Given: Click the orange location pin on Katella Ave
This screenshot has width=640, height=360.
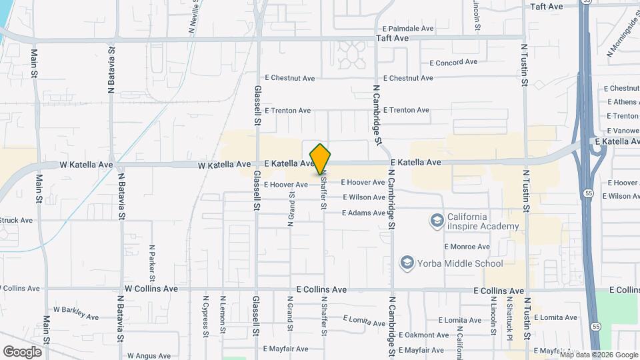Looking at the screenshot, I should coord(321,159).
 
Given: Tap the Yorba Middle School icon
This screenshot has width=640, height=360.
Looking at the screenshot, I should coord(406,263).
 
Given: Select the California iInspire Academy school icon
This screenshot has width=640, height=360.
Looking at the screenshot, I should coord(437,221).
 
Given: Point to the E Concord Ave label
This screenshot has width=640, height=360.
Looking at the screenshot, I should coord(453,62).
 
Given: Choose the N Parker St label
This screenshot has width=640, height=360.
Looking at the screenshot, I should coord(152,262).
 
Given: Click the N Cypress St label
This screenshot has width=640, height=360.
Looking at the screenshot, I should coord(206,313).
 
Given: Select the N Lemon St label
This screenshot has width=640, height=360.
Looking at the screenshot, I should coord(223,313).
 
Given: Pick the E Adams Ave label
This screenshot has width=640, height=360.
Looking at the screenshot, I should coord(363,213).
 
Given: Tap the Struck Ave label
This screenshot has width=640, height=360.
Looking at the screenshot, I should coord(16,220).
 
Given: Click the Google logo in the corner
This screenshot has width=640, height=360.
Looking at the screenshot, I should coord(22,351).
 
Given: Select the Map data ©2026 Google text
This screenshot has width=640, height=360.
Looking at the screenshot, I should coord(599,355).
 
